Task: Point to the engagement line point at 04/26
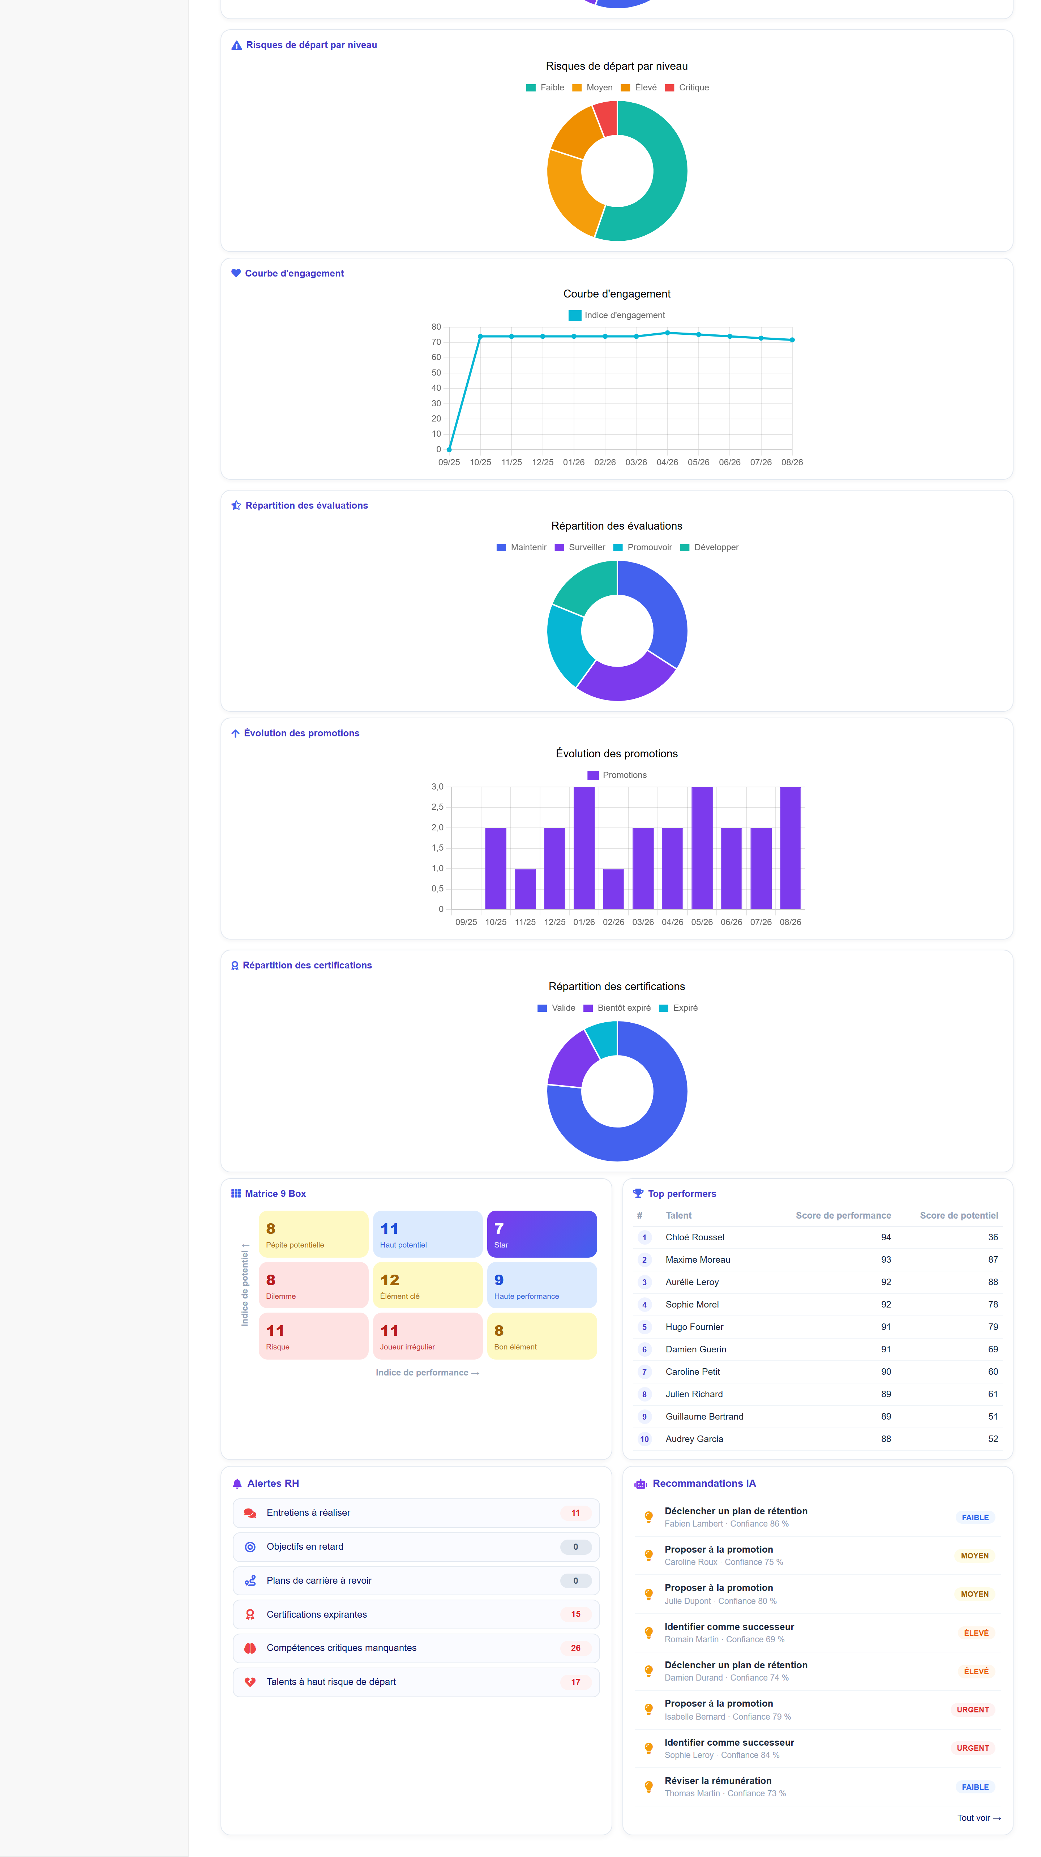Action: pyautogui.click(x=668, y=333)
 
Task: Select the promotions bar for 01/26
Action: pyautogui.click(x=584, y=848)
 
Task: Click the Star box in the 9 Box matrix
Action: pyautogui.click(x=542, y=1234)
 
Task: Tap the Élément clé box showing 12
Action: pyautogui.click(x=428, y=1285)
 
